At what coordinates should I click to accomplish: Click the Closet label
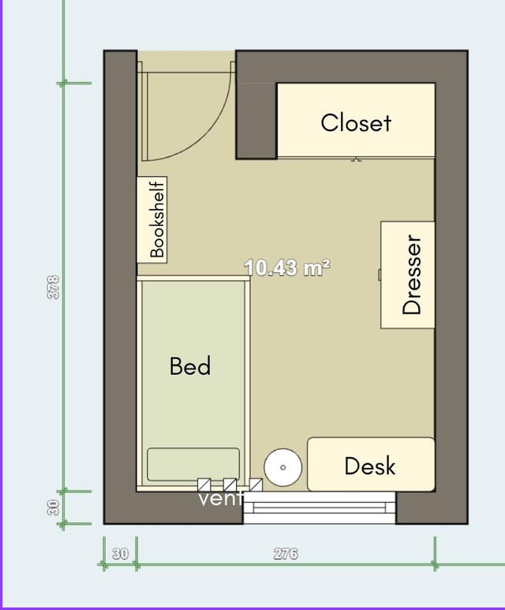356,123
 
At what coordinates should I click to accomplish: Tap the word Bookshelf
157,219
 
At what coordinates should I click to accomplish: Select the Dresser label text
412,275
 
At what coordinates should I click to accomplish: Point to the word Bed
190,365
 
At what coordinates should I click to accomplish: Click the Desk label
370,466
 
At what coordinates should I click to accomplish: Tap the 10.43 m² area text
287,268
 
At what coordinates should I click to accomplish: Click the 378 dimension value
54,287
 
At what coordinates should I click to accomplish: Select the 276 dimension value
286,554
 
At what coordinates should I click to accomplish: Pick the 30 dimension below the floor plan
120,554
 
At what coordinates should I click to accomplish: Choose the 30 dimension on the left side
54,507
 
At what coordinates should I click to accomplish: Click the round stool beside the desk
282,467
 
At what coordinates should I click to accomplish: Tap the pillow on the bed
193,465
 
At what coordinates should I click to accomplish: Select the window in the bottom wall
319,507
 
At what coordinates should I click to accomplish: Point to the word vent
221,499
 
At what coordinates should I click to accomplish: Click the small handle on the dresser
380,275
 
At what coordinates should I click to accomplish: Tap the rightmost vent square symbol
256,485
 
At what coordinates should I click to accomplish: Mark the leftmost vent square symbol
204,485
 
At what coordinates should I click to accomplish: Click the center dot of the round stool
282,467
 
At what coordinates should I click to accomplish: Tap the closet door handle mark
356,159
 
